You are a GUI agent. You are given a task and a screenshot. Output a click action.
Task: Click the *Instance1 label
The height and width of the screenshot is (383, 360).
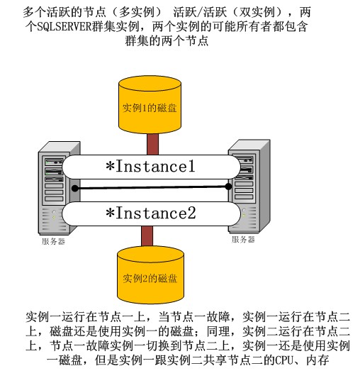(150, 166)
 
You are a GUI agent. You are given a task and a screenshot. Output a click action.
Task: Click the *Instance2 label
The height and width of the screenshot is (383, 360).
(150, 213)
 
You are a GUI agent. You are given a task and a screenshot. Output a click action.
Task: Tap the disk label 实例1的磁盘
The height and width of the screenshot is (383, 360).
(150, 108)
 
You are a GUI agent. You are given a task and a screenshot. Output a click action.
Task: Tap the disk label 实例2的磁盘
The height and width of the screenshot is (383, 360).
(150, 278)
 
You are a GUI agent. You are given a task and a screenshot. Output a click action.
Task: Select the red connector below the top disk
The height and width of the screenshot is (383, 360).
(153, 144)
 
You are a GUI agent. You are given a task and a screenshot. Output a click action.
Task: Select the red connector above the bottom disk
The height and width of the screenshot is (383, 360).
(147, 236)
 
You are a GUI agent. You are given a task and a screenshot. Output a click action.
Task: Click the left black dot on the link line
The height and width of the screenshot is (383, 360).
(75, 189)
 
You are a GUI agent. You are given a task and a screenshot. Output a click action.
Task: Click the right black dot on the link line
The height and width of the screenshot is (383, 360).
(228, 187)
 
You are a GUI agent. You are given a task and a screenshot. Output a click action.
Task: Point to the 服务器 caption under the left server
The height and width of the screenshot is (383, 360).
(53, 241)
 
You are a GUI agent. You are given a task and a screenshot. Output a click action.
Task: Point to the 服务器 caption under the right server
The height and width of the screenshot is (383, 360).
(243, 240)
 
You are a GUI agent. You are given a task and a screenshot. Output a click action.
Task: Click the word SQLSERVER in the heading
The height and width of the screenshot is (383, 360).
(64, 26)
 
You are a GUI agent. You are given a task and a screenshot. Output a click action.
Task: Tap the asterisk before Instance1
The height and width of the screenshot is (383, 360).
(111, 166)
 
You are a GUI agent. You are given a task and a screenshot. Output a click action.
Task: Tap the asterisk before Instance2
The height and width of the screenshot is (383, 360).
(111, 213)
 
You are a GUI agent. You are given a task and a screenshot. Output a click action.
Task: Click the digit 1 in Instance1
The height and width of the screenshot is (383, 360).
(191, 166)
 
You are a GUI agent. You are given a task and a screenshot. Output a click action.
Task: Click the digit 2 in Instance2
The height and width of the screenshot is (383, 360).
(191, 213)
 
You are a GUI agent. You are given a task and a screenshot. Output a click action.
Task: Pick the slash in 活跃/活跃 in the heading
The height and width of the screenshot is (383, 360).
(200, 12)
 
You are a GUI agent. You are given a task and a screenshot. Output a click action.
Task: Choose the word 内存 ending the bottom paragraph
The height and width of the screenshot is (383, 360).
(317, 360)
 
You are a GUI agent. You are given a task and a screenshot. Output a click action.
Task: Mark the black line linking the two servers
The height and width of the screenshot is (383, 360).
(152, 187)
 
